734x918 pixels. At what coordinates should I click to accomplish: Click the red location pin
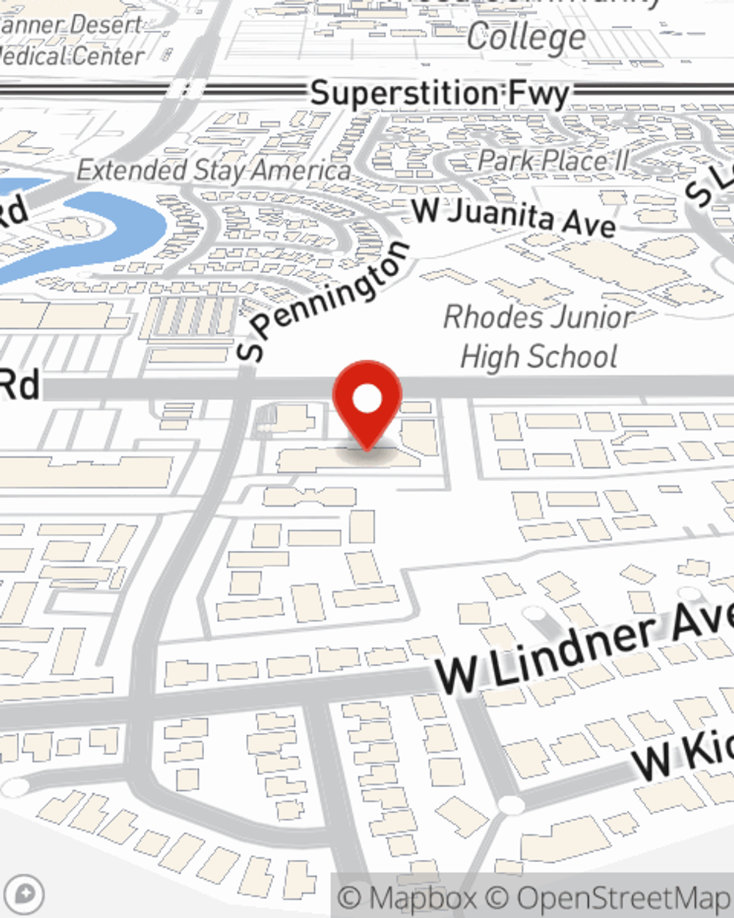click(x=367, y=400)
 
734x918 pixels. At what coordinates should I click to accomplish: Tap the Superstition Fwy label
click(x=439, y=94)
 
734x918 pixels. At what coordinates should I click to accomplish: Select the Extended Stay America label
click(x=214, y=170)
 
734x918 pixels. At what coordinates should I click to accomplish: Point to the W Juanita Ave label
click(x=514, y=217)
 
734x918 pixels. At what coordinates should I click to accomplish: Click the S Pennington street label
click(x=323, y=301)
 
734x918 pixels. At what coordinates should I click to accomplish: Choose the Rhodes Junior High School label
click(x=539, y=337)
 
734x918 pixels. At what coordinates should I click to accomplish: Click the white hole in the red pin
click(x=367, y=399)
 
